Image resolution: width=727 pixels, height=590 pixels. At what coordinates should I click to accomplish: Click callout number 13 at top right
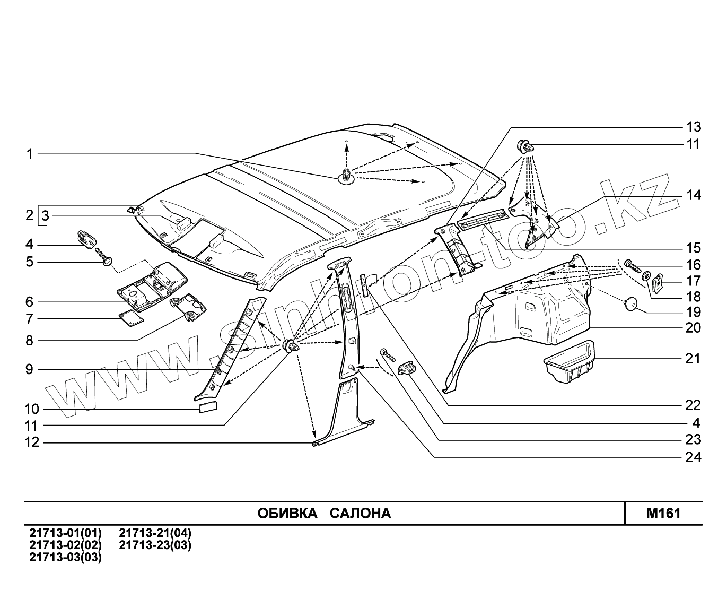pyautogui.click(x=693, y=127)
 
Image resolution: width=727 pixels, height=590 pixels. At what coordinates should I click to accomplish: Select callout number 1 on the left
pyautogui.click(x=30, y=154)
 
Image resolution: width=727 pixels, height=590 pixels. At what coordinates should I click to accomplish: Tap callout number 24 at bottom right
pyautogui.click(x=693, y=457)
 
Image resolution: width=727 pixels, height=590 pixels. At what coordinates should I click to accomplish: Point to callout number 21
pyautogui.click(x=693, y=359)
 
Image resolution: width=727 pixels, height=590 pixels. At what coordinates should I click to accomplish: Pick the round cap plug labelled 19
pyautogui.click(x=630, y=304)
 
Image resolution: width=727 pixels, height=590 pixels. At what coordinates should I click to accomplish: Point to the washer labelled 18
pyautogui.click(x=646, y=276)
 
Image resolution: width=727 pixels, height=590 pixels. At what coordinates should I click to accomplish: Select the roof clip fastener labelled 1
pyautogui.click(x=346, y=176)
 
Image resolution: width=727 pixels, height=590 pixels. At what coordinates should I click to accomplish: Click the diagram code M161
pyautogui.click(x=663, y=513)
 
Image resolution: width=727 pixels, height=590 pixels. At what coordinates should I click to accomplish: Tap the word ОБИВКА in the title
pyautogui.click(x=287, y=513)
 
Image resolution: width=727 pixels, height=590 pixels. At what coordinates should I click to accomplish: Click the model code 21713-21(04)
pyautogui.click(x=155, y=533)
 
